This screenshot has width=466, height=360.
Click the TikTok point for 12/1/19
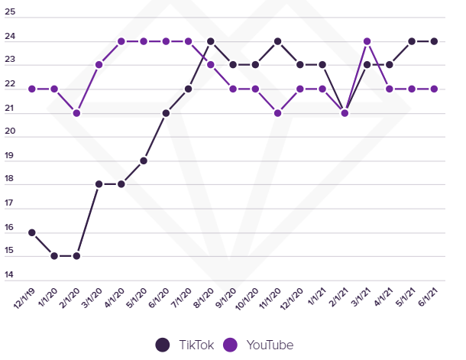32,232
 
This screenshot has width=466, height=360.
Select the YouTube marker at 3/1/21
367,41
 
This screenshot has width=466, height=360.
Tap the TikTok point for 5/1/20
144,161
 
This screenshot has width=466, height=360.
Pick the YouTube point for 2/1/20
76,113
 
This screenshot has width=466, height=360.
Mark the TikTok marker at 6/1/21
435,41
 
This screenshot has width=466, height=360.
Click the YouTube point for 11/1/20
278,113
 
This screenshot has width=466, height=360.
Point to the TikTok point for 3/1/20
99,184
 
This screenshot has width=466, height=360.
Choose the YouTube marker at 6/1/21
435,89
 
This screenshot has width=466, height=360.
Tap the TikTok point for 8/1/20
211,41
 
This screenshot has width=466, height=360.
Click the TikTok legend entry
184,345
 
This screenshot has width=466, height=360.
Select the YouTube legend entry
261,345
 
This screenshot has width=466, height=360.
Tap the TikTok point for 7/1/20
189,89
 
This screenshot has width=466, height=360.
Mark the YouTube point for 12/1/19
32,89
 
